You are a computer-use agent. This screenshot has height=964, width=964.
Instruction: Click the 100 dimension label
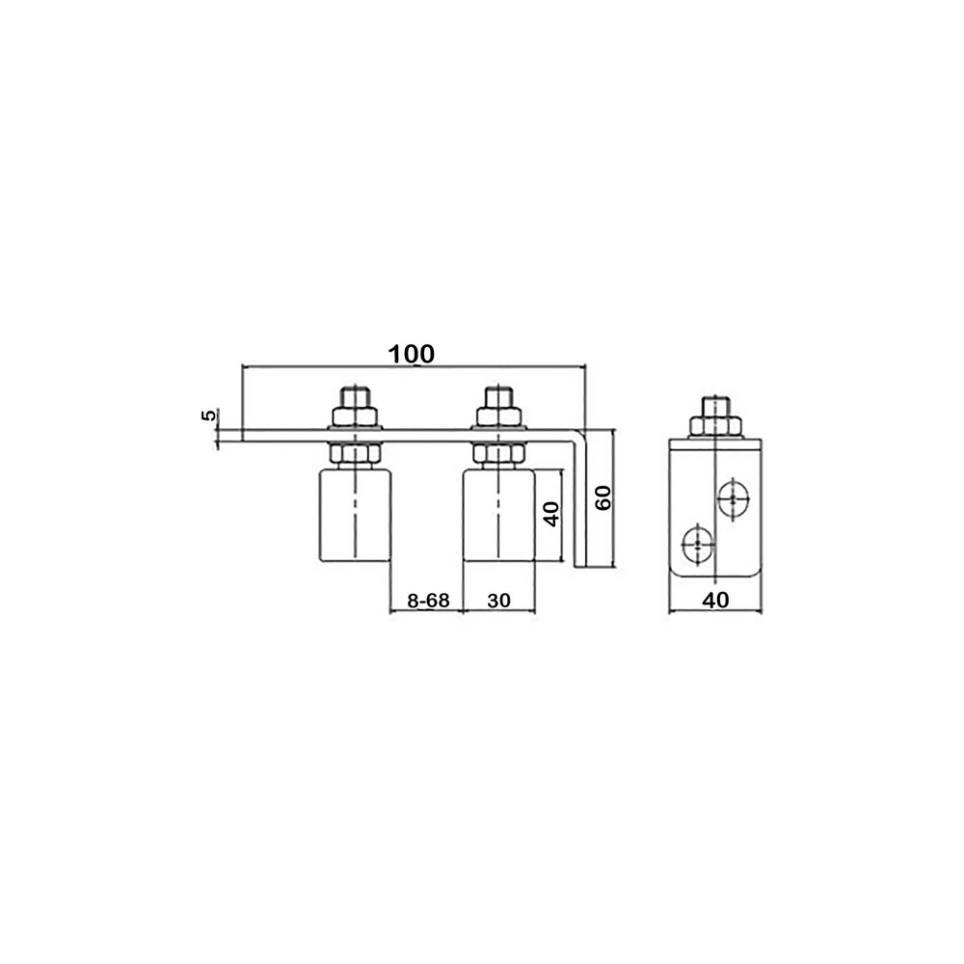pos(412,354)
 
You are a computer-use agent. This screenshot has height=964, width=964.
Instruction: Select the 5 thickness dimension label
pos(209,415)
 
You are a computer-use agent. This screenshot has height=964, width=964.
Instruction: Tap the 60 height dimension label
pos(603,497)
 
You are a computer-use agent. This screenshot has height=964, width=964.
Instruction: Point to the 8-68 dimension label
pos(428,600)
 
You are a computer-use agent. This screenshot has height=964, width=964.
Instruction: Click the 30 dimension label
pos(498,600)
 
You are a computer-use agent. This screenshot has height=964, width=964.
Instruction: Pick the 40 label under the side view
pos(715,600)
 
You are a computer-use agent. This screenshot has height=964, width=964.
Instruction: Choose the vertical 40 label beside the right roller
pos(551,514)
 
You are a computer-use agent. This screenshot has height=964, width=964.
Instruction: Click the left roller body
pos(355,515)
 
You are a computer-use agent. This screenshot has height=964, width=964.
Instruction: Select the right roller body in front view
pos(499,515)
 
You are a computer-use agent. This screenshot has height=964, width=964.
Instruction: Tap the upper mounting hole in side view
pos(734,498)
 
